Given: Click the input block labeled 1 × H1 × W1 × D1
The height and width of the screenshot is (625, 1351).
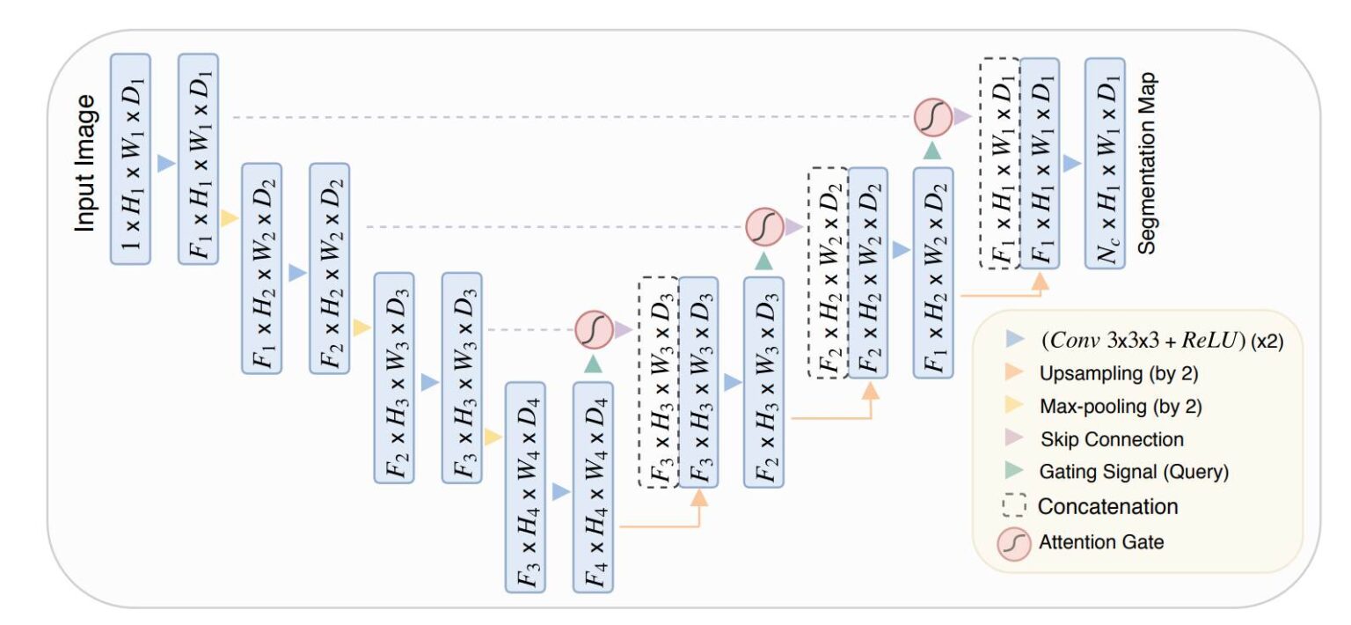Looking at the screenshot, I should (131, 158).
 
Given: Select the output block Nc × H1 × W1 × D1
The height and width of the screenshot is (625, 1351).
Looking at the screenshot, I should (1105, 164).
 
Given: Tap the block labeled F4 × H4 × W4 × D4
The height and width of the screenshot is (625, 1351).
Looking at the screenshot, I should (592, 487).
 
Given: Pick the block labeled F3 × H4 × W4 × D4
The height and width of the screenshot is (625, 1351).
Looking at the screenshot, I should (525, 487).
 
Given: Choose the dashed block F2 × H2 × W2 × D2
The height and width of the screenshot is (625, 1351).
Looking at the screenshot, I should (827, 273).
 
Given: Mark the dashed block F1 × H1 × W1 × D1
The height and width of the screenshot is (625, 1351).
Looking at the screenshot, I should (999, 164).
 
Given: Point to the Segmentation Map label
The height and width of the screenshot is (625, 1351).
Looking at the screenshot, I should (1147, 164).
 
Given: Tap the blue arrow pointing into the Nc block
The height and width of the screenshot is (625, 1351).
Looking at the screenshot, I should (1070, 164).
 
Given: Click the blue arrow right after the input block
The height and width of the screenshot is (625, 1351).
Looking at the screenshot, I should (164, 163).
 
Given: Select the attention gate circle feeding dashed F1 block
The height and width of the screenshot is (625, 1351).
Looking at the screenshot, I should (931, 116).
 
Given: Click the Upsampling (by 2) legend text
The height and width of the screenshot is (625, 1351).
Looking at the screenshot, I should (1119, 373).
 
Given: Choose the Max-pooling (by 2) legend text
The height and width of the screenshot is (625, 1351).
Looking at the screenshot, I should (1121, 406).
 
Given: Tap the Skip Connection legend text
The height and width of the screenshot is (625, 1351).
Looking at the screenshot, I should (1112, 438).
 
